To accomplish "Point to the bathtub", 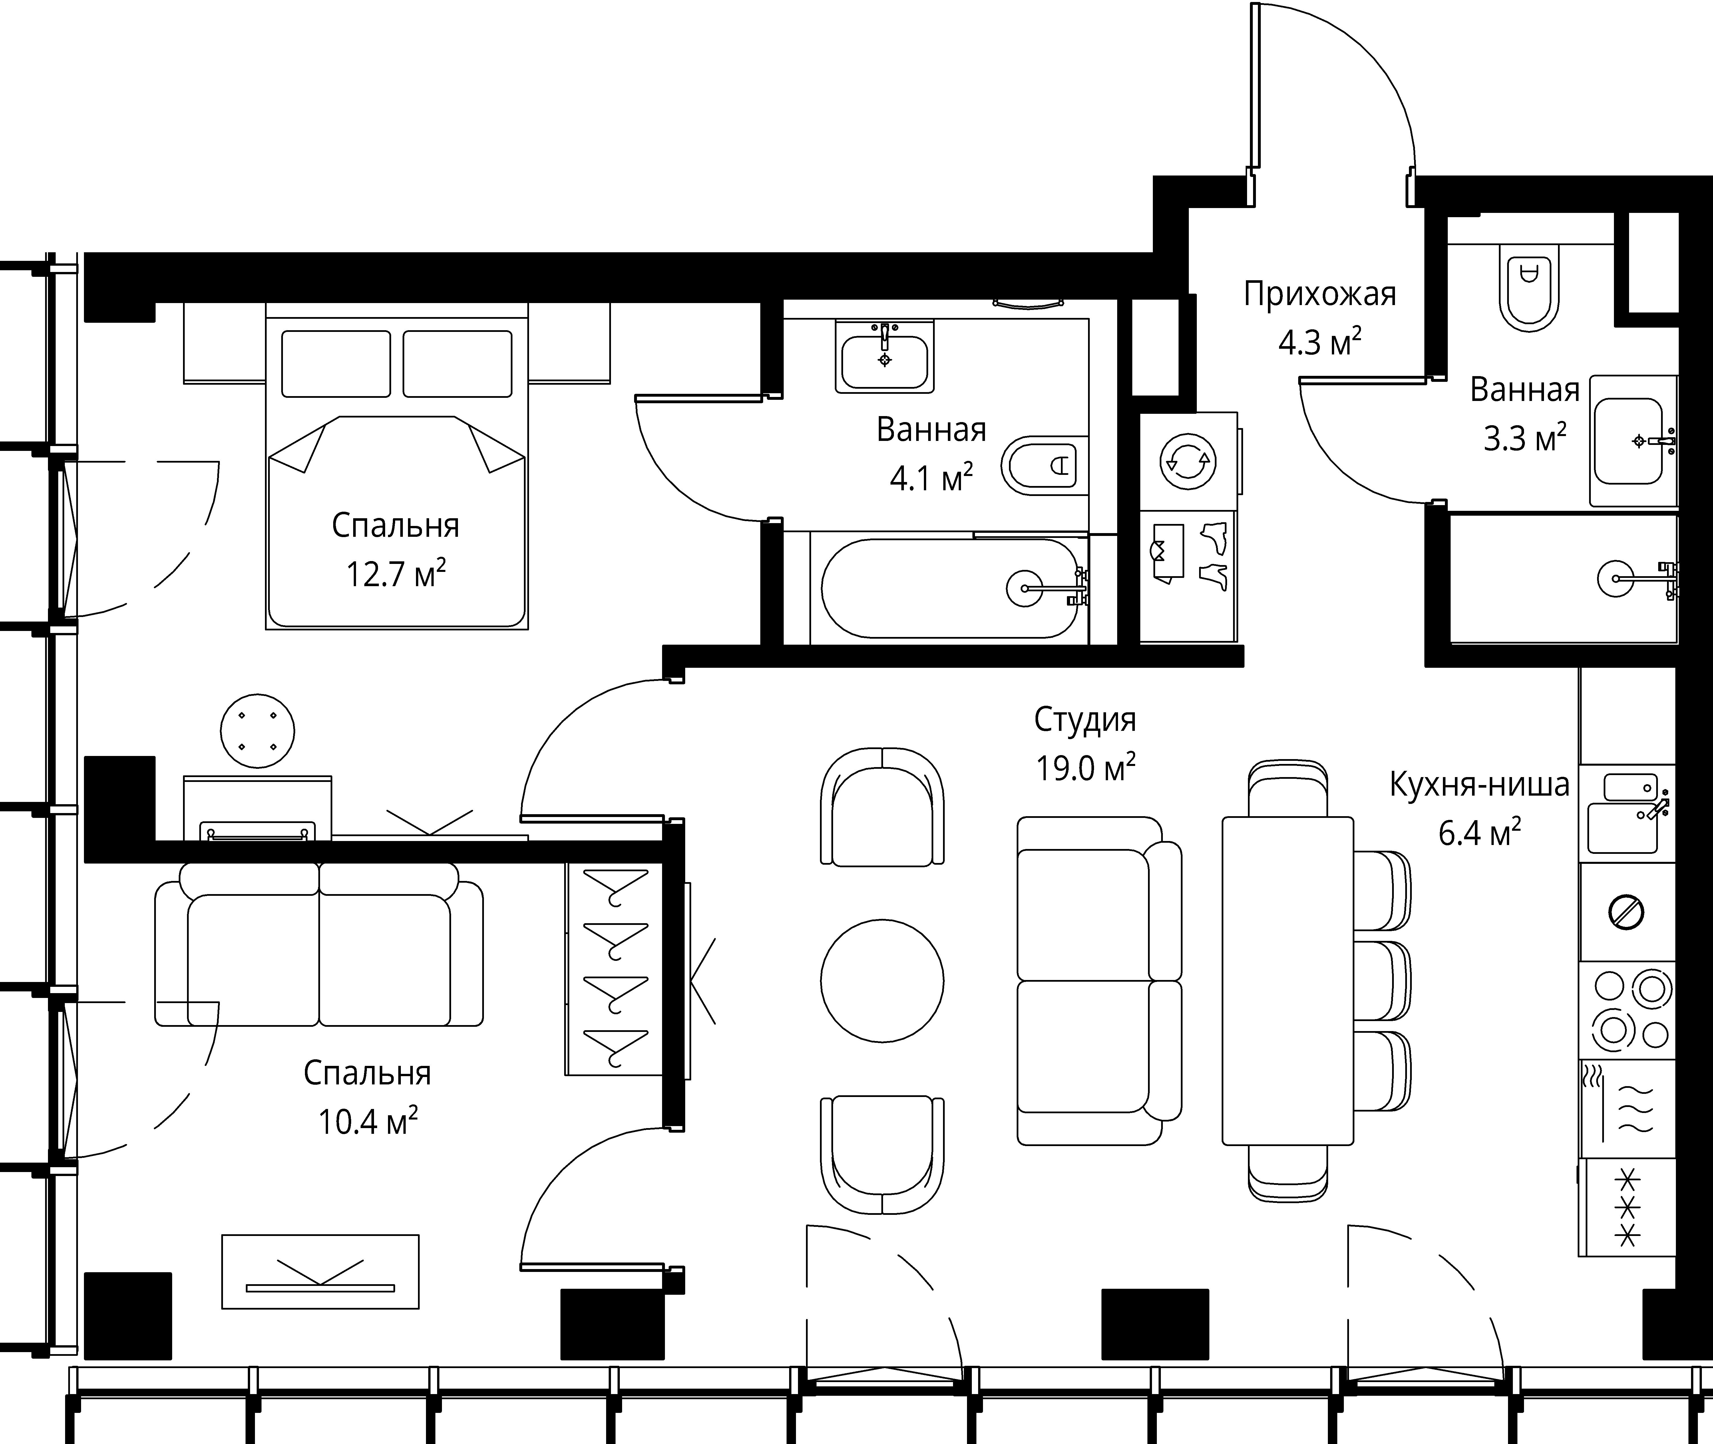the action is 950,588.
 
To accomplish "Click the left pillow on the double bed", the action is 336,364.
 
